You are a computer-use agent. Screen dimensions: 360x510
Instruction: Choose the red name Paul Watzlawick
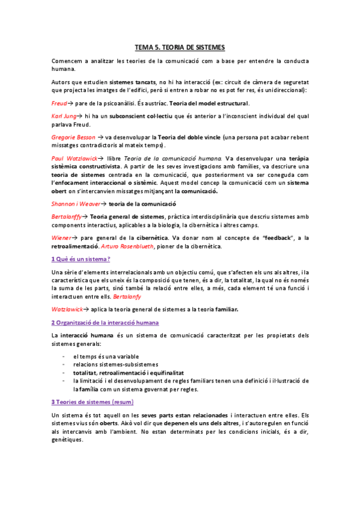click(76, 158)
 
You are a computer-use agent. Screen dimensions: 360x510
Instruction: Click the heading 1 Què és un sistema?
click(81, 259)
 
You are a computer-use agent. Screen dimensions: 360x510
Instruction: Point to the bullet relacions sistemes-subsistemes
click(115, 364)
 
